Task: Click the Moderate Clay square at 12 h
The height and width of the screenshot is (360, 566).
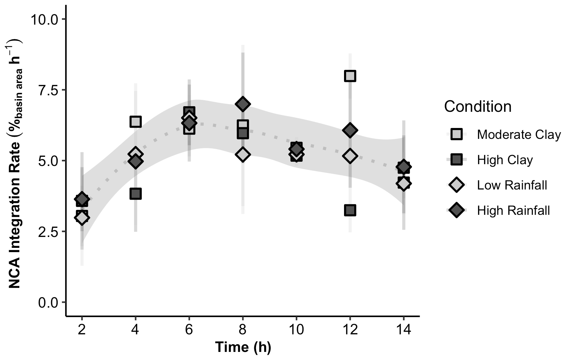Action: [350, 76]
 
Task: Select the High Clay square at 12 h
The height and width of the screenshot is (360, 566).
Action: [350, 211]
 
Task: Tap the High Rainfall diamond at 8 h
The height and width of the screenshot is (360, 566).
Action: [243, 104]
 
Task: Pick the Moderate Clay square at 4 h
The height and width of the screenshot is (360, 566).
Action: [135, 122]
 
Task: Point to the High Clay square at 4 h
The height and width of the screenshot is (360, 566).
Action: [135, 194]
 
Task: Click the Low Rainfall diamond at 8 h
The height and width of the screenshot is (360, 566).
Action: [243, 154]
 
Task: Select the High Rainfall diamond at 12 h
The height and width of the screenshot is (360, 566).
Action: [350, 130]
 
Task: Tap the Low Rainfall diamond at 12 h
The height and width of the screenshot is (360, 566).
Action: [350, 156]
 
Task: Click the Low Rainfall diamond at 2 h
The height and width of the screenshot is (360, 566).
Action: [82, 218]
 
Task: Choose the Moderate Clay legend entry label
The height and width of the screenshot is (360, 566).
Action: [519, 135]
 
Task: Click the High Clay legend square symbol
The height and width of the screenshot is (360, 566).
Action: [456, 160]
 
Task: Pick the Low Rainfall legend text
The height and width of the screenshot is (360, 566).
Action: [512, 185]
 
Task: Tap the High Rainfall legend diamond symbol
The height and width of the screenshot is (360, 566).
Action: [456, 210]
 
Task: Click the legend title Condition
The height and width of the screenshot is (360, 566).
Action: [477, 107]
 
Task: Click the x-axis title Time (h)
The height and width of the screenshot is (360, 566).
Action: [243, 347]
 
